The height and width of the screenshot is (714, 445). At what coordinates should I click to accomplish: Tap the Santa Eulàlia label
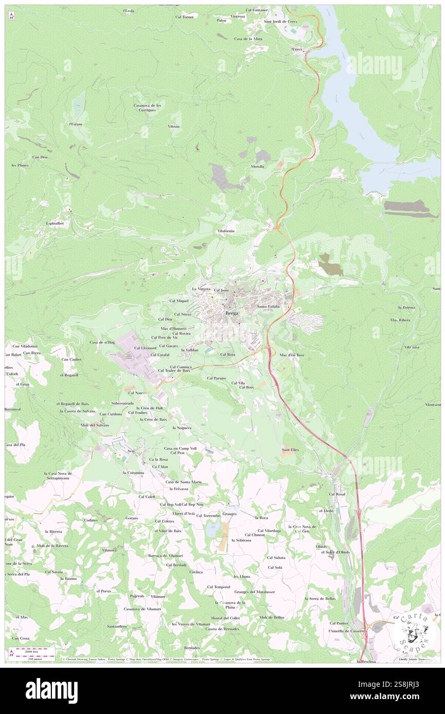268,306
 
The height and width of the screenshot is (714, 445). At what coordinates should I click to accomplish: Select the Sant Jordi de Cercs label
281,22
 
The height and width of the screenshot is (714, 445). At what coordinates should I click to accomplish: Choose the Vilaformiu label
226,232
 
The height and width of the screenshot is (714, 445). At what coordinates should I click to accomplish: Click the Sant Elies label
290,450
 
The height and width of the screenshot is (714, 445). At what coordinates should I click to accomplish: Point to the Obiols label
322,546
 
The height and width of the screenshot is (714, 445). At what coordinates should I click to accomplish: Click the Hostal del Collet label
225,618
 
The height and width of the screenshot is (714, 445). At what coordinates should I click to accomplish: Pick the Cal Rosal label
337,494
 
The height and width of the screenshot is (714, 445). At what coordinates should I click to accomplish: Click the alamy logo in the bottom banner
51,691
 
